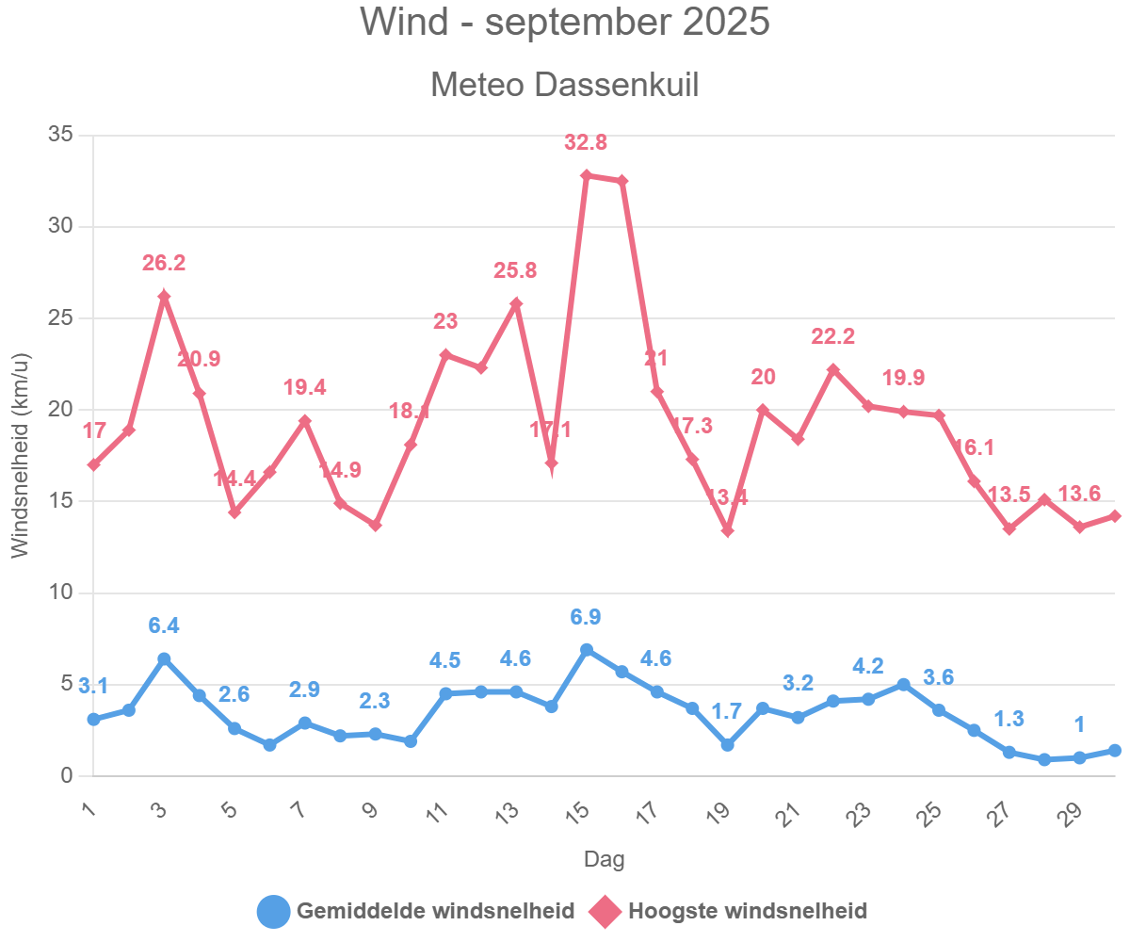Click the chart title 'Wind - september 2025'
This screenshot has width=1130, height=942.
pos(565,23)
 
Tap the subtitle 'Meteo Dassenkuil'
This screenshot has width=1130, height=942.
pos(565,85)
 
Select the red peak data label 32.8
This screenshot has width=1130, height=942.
pos(586,143)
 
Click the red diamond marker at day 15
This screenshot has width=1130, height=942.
pos(586,175)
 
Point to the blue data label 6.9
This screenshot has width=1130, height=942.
pos(586,617)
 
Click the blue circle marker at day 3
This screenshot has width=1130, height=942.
pos(164,658)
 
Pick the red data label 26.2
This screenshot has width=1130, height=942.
pos(164,264)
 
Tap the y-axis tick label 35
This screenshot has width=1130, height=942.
pos(60,136)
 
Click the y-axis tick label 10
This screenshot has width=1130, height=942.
pos(60,593)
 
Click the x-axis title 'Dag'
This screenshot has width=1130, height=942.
pos(604,859)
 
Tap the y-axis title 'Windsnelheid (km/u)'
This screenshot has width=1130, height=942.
pos(21,456)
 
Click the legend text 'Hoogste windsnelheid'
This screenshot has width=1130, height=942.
pos(748,911)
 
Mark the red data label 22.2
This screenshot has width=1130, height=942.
pos(833,336)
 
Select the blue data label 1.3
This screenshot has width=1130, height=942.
pos(1009,719)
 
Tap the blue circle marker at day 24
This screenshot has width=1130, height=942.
pos(903,684)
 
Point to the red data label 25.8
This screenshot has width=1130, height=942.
pos(515,271)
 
